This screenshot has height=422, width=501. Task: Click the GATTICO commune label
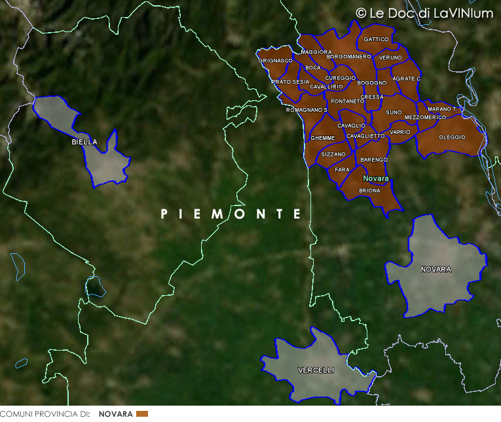[376, 40]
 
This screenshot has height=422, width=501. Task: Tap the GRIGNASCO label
[275, 60]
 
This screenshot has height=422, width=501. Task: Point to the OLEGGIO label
[452, 137]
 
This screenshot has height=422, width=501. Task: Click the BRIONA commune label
[369, 191]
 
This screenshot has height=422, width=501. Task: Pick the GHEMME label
[322, 139]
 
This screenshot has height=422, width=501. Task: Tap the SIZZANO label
[333, 154]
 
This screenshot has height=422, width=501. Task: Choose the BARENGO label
[374, 160]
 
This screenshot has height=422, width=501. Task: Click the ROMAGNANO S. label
[307, 110]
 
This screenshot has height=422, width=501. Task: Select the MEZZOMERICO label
[425, 117]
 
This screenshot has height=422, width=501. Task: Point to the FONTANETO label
[348, 101]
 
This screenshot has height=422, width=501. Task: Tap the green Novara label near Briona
[375, 179]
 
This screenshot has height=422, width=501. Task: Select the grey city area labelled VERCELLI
[316, 370]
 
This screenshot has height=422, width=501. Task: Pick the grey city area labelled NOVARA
[436, 269]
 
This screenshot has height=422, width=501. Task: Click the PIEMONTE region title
[231, 214]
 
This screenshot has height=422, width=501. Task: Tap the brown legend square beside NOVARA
[142, 414]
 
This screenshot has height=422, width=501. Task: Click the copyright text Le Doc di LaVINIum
[424, 13]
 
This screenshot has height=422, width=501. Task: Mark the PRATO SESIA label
[290, 82]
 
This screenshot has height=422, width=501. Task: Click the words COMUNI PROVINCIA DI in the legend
[45, 414]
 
